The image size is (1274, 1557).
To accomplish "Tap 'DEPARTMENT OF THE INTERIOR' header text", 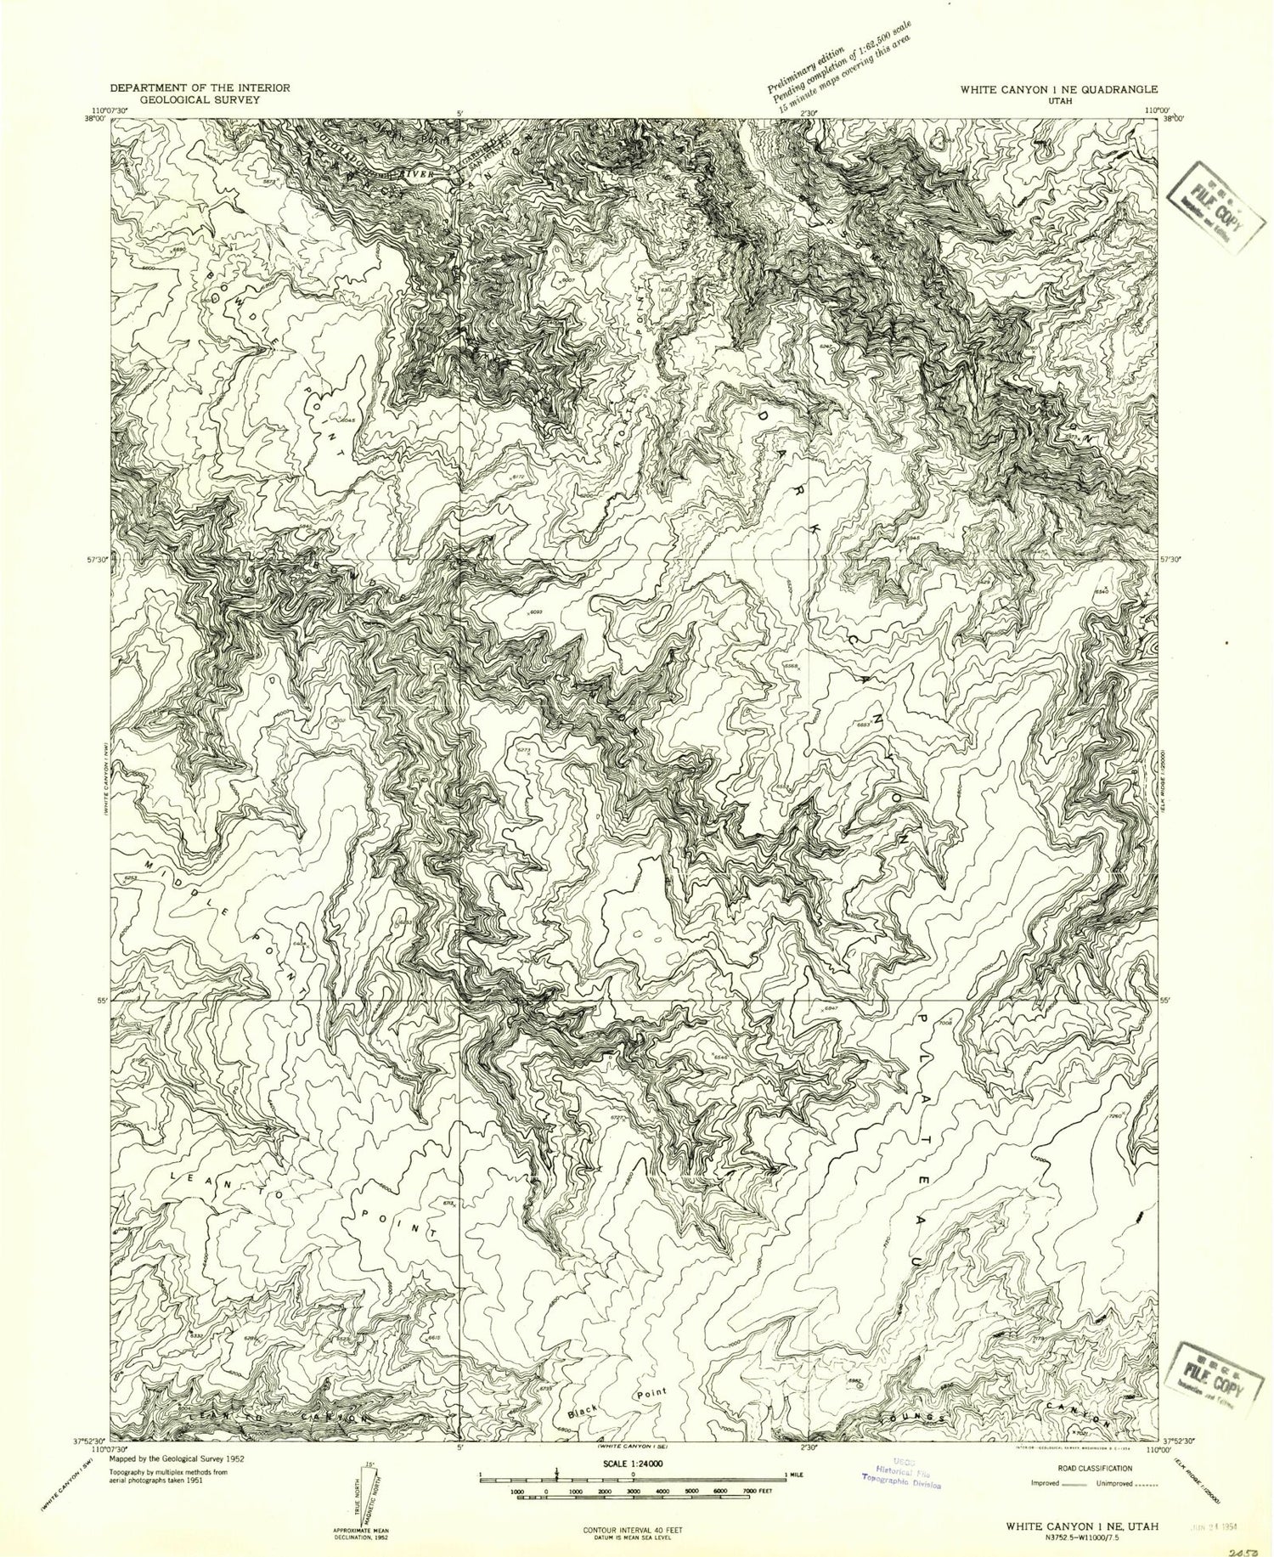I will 199,87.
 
